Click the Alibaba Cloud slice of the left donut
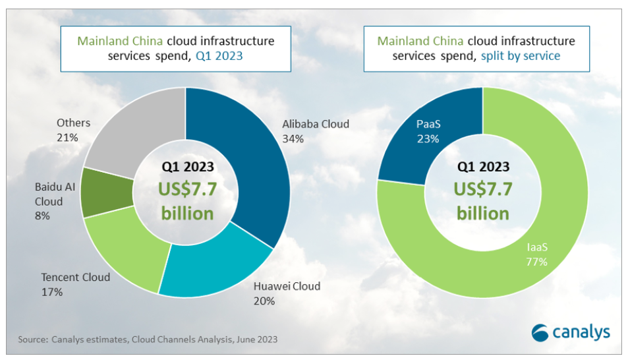pos(254,165)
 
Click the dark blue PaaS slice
pos(435,132)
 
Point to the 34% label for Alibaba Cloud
pos(293,138)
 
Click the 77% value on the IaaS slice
pos(537,262)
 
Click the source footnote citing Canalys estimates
pos(148,340)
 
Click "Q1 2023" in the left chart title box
pos(219,56)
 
